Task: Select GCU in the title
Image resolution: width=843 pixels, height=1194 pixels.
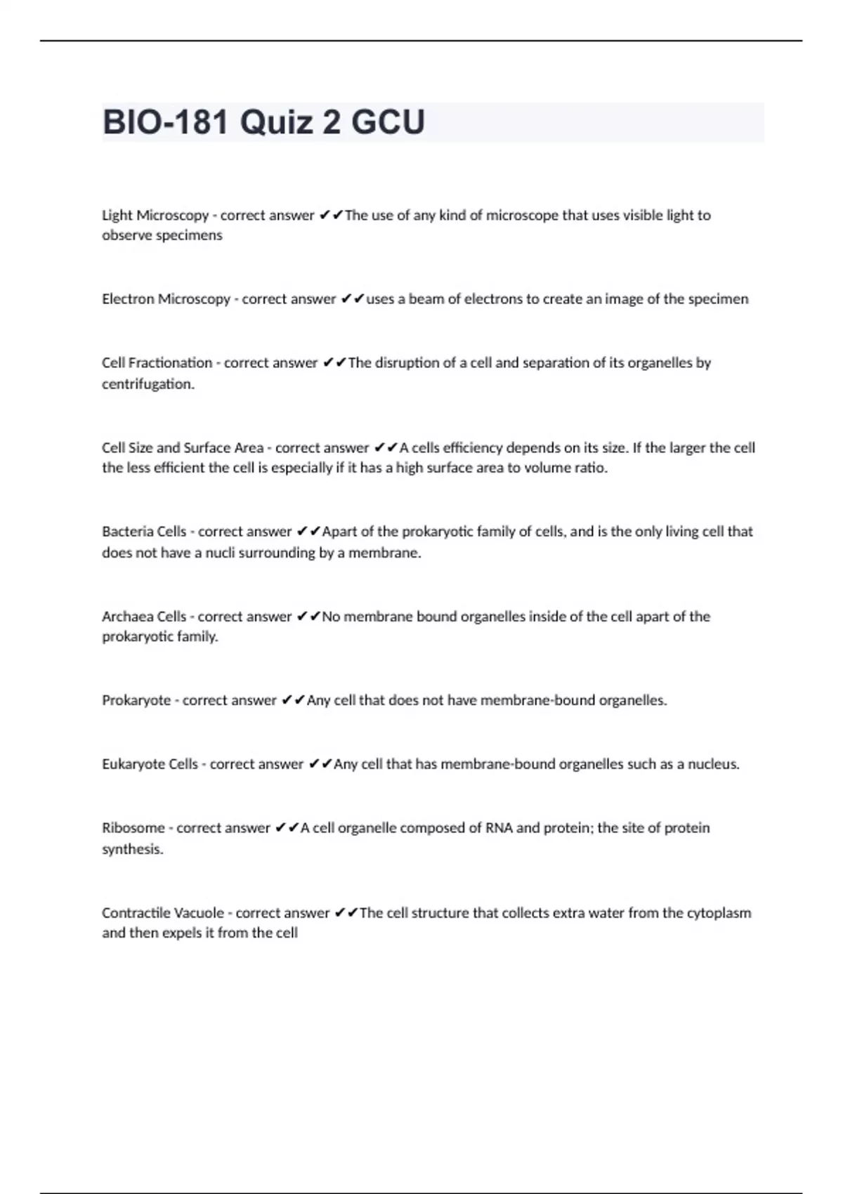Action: pyautogui.click(x=388, y=122)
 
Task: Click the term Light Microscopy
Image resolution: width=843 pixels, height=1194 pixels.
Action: pyautogui.click(x=155, y=216)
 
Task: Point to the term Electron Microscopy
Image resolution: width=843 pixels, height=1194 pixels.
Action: pyautogui.click(x=166, y=299)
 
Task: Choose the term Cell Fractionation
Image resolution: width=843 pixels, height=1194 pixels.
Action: pyautogui.click(x=157, y=363)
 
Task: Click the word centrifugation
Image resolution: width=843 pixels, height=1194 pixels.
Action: pyautogui.click(x=148, y=384)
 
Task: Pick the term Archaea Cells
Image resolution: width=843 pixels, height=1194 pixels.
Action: pyautogui.click(x=144, y=617)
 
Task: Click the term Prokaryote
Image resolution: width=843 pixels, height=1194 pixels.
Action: pyautogui.click(x=136, y=700)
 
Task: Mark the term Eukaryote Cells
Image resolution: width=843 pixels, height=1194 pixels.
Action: pyautogui.click(x=150, y=764)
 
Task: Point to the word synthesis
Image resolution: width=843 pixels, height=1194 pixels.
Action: pyautogui.click(x=132, y=849)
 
